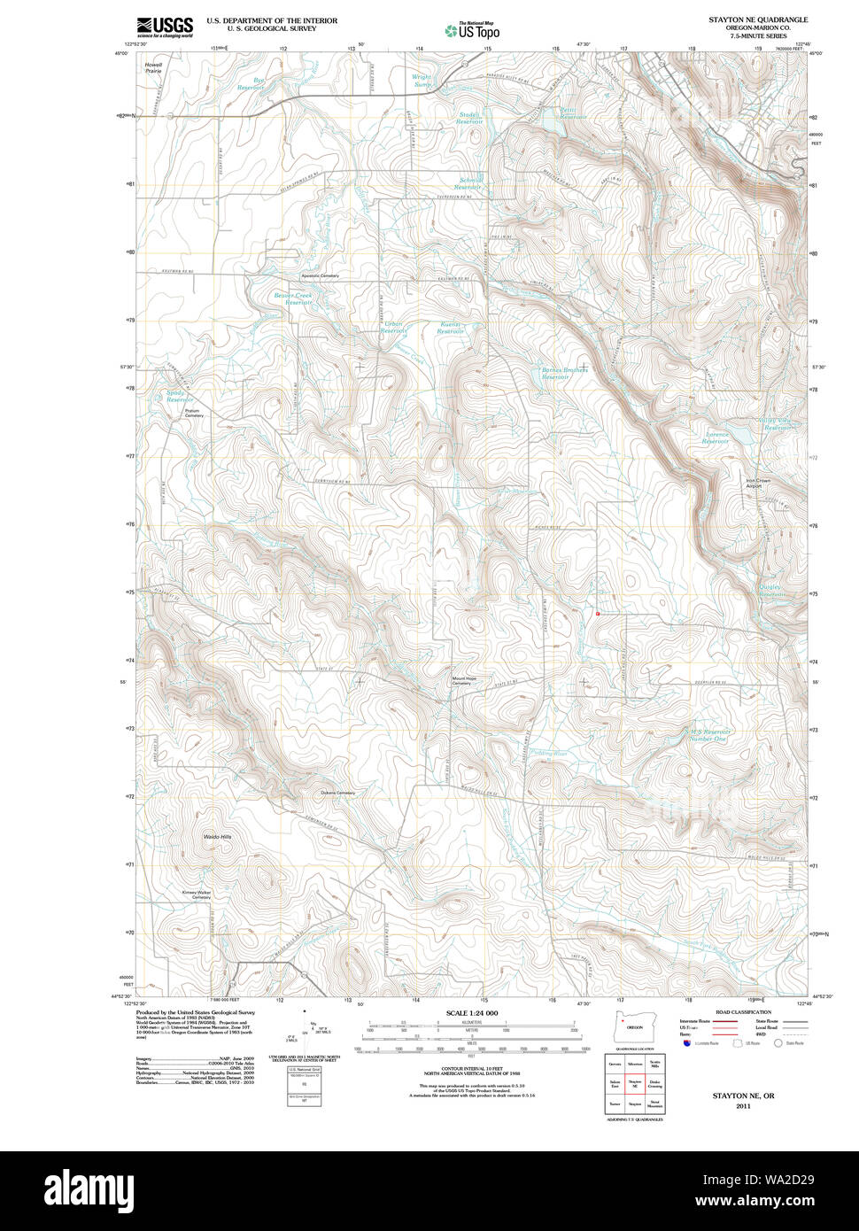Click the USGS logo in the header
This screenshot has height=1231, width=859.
click(165, 27)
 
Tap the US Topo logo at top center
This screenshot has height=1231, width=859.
click(472, 31)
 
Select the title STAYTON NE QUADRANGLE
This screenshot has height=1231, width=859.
click(757, 19)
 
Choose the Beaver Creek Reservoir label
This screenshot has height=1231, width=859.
click(293, 298)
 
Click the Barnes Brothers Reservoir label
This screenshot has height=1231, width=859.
click(564, 373)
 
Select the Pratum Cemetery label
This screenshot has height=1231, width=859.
click(193, 413)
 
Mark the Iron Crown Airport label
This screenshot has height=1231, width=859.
click(758, 484)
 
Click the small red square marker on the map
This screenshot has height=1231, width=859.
click(599, 613)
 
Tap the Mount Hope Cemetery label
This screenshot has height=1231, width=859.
click(464, 681)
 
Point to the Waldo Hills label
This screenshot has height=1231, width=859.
click(217, 837)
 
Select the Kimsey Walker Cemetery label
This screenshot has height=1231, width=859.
click(197, 894)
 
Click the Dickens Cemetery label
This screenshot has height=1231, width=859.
click(337, 793)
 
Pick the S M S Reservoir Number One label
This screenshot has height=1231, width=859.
click(708, 734)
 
